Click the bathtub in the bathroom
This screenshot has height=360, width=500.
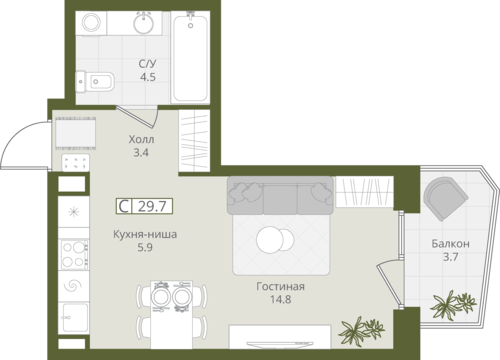click(190, 57)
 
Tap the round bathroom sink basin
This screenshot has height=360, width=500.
click(144, 23)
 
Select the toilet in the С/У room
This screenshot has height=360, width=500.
click(95, 81)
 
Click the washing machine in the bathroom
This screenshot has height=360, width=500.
click(91, 23)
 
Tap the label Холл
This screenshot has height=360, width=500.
click(141, 139)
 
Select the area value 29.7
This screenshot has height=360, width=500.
click(152, 206)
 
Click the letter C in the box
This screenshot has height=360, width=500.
click(124, 206)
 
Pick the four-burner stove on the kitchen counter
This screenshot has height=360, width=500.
click(75, 254)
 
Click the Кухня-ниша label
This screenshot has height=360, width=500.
click(145, 234)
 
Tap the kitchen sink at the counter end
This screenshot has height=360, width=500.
click(75, 317)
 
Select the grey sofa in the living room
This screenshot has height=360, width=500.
click(280, 195)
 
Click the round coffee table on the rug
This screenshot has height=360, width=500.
click(275, 239)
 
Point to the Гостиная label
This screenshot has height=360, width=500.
click(280, 286)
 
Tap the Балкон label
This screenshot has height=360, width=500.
click(450, 244)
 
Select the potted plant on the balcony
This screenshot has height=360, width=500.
click(453, 304)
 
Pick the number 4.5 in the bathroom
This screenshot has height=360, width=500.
click(148, 77)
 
